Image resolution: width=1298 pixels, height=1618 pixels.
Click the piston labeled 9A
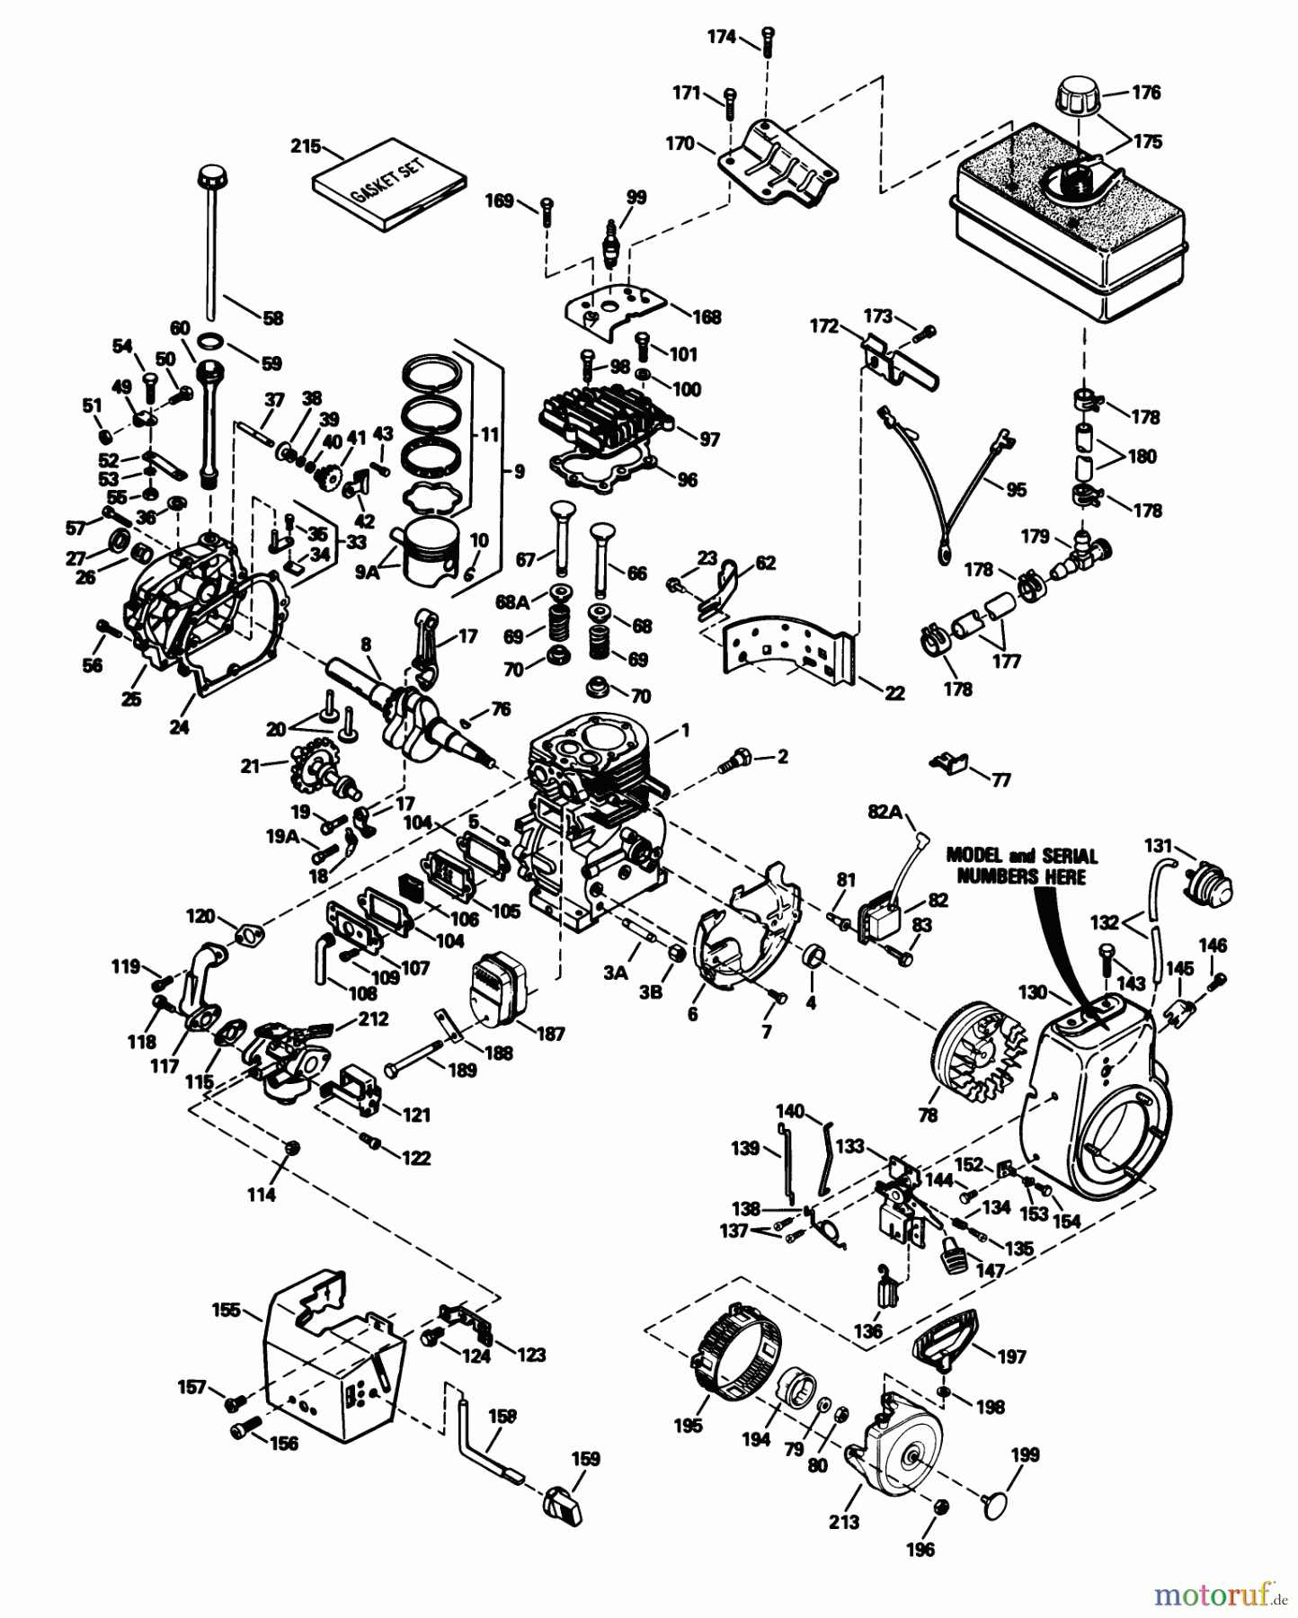pos(431,552)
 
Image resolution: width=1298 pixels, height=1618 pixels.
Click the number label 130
pos(1033,992)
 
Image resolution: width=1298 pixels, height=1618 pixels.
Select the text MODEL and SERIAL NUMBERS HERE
pos(1022,866)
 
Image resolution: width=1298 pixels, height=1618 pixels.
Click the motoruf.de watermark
pos(1219,1595)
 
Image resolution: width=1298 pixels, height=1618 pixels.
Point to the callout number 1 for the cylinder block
pos(685,732)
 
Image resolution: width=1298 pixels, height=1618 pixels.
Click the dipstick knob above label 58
pos(210,173)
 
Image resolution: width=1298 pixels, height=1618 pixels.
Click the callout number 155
pos(227,1310)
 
